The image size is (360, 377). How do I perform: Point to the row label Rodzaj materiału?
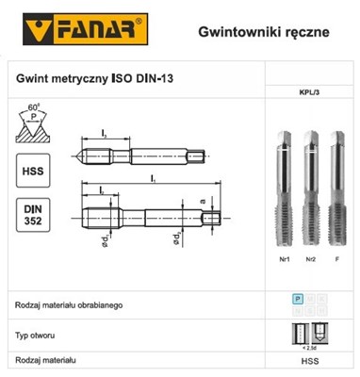click(50, 360)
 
